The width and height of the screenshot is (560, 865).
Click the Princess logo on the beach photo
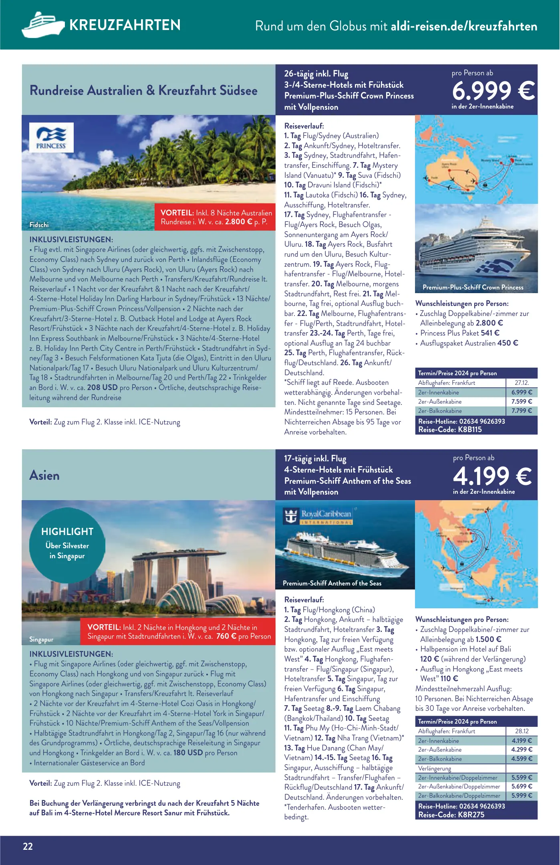(x=51, y=137)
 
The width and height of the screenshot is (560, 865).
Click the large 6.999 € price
(x=493, y=91)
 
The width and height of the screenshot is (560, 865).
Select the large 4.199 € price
(x=492, y=476)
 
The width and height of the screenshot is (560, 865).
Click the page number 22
(x=28, y=846)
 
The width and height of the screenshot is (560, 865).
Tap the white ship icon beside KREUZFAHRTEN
(x=43, y=25)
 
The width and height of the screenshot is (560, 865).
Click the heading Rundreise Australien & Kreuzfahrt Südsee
(x=143, y=91)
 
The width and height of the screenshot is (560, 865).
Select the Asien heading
(x=44, y=475)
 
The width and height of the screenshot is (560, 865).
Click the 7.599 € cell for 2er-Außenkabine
(x=522, y=402)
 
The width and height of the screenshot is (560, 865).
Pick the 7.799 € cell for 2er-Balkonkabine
(x=522, y=411)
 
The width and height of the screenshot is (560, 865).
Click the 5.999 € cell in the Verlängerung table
(x=522, y=796)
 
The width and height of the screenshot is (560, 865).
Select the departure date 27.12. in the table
(x=522, y=383)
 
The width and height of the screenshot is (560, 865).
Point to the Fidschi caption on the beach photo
(x=39, y=225)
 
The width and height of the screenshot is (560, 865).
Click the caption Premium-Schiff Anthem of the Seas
(x=332, y=583)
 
